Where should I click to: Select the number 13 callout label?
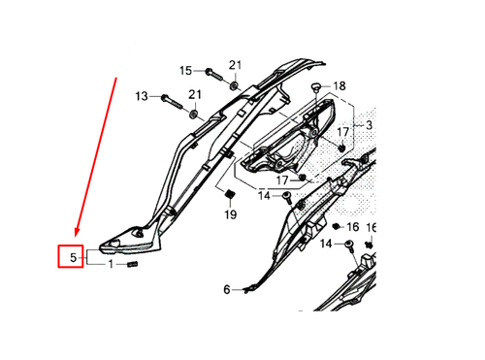pos(142,96)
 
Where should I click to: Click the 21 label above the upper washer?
pos(235,65)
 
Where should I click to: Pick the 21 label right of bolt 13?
pos(195,94)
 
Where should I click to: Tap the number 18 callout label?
pos(339,86)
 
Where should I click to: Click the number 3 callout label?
pos(368,125)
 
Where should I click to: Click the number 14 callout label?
pos(264,196)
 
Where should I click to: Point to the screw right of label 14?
pos(288,197)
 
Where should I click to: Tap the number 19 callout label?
pos(231,213)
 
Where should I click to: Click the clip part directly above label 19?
pos(225,188)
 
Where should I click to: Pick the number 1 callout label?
pos(111,264)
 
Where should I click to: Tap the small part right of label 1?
pos(135,264)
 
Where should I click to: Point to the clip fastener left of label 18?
pos(316,88)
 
